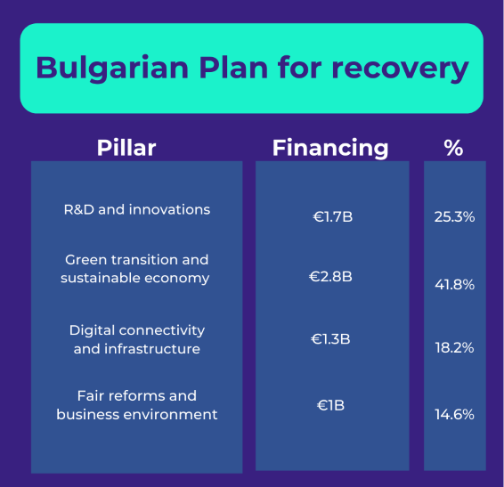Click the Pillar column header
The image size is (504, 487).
[126, 148]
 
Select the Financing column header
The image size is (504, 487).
[330, 148]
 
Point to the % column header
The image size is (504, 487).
[454, 148]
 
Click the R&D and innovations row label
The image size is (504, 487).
[137, 210]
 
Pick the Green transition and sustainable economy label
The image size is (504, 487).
[135, 269]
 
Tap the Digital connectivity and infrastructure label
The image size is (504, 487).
[137, 339]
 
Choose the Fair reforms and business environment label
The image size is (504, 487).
[137, 405]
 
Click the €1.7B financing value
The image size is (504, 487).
[331, 216]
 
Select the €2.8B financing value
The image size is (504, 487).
[331, 277]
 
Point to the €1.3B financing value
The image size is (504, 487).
[331, 339]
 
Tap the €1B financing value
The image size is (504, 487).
[331, 406]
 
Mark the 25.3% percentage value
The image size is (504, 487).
[455, 216]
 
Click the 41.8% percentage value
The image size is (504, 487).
[455, 285]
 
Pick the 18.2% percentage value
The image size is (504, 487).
[455, 348]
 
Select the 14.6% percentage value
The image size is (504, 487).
[455, 415]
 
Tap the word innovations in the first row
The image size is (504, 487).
[169, 210]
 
